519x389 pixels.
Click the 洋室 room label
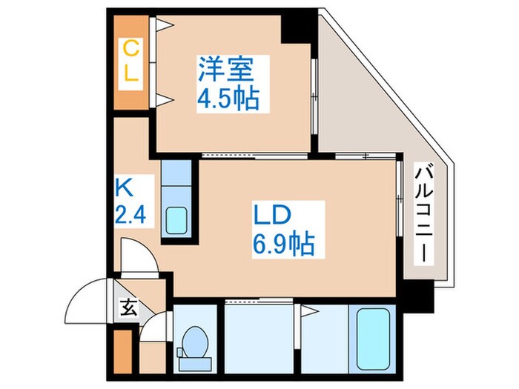[226, 70]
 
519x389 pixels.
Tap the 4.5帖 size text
[228, 99]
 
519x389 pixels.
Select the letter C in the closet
[130, 49]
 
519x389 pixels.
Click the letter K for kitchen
[124, 188]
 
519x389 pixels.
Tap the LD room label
[272, 215]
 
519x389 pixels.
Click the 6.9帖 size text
[284, 245]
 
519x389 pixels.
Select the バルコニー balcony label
[424, 215]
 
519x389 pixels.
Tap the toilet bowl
[195, 342]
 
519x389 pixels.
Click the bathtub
[372, 339]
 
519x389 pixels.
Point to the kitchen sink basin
[176, 220]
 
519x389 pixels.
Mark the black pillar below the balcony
[418, 296]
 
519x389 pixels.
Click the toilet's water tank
[195, 365]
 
